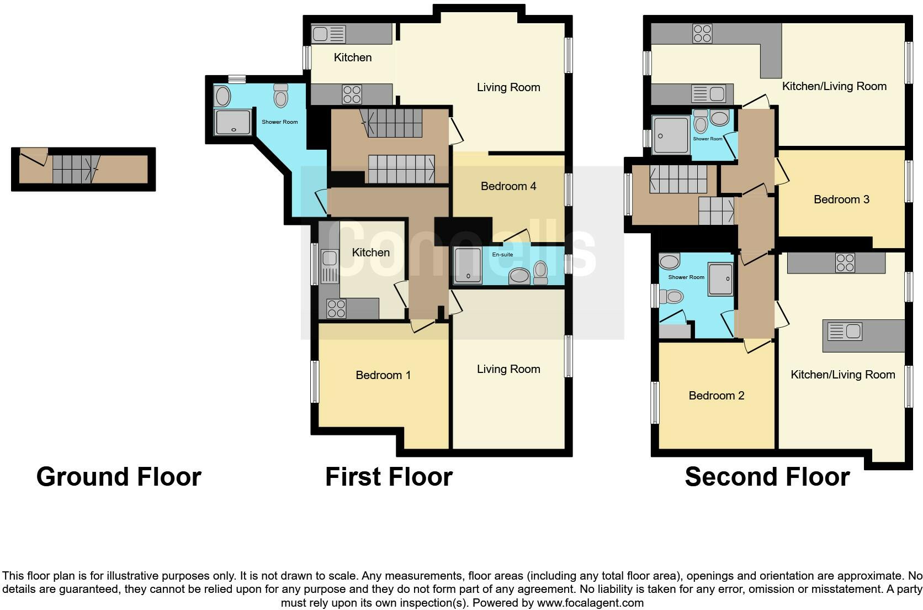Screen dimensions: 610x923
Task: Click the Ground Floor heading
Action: click(119, 477)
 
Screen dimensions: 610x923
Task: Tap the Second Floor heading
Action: click(767, 477)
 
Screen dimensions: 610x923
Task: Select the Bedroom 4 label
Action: click(508, 186)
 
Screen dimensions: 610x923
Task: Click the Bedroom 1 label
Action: click(383, 375)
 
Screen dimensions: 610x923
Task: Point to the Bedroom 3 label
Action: click(841, 199)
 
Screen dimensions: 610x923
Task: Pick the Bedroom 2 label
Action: click(716, 396)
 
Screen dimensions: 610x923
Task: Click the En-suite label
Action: click(502, 255)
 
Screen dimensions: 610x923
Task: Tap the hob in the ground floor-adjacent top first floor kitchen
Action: click(352, 94)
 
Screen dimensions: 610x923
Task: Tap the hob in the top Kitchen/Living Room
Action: click(702, 34)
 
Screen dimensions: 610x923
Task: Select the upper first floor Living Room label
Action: click(508, 87)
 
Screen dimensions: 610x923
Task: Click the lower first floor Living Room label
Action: click(508, 369)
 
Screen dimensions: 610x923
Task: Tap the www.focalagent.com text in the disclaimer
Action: click(590, 603)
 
